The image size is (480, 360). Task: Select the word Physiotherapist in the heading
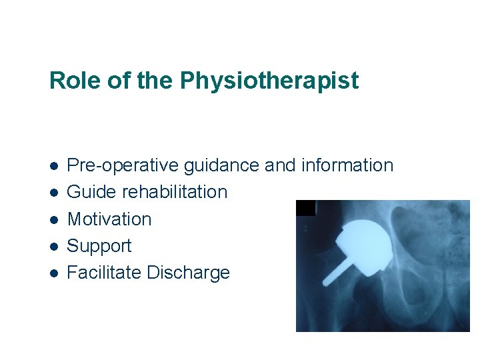click(x=269, y=81)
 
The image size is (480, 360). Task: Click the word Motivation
click(x=109, y=219)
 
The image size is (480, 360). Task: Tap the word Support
click(x=99, y=247)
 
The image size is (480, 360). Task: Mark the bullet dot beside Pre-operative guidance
click(x=53, y=166)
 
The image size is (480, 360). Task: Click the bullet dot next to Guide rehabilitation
click(x=53, y=193)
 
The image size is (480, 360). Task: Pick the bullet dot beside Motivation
click(x=53, y=220)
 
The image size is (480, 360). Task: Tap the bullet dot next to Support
click(x=53, y=247)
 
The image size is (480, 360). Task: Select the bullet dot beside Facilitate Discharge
click(x=53, y=273)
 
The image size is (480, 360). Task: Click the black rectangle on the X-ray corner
click(x=305, y=208)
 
